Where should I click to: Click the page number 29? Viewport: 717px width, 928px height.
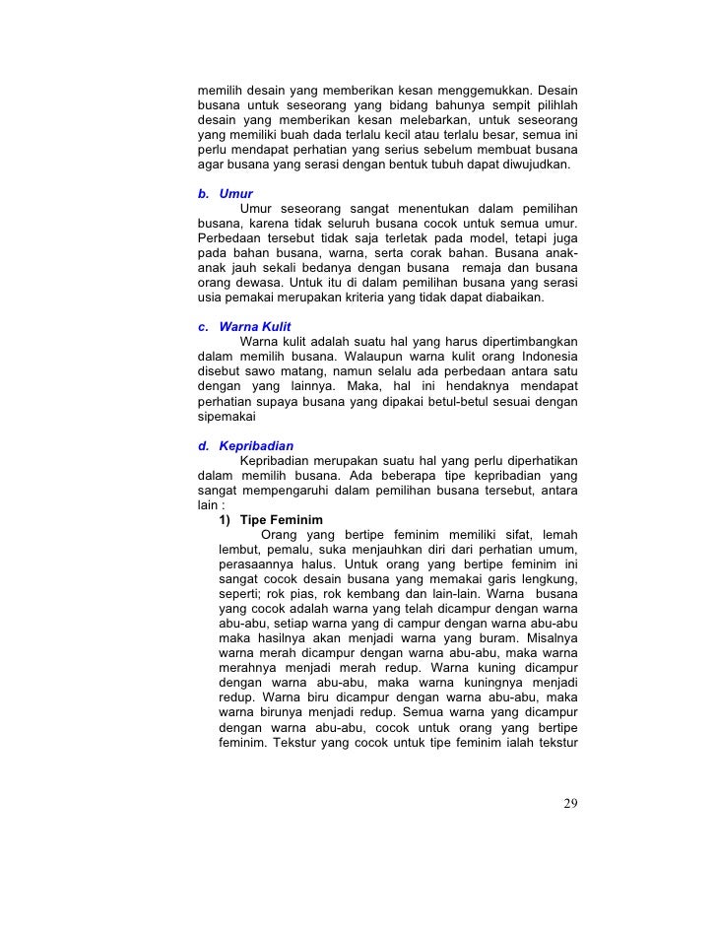point(570,804)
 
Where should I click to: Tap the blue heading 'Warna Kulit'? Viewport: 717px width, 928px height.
point(254,326)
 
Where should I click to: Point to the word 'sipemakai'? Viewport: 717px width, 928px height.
point(228,417)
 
